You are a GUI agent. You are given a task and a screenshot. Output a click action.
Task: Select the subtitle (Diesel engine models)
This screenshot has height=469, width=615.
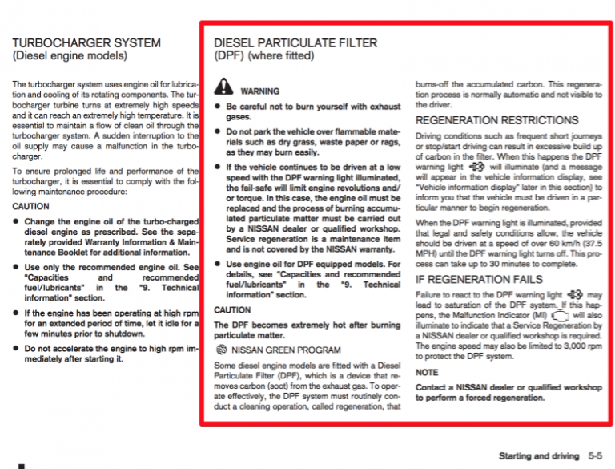click(x=69, y=56)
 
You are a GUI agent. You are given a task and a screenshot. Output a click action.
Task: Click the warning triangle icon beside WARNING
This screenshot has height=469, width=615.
click(x=223, y=89)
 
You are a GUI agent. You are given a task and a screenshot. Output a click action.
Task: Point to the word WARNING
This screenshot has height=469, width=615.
click(x=259, y=91)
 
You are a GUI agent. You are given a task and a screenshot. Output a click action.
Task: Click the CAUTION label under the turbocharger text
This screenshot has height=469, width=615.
click(x=31, y=206)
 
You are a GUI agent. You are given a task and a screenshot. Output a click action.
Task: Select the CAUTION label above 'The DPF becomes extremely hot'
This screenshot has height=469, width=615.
click(x=232, y=309)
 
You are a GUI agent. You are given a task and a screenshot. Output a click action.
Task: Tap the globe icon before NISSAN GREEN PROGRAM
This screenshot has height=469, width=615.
click(x=222, y=350)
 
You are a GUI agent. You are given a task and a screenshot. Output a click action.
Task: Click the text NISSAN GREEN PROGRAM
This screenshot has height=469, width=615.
click(x=286, y=350)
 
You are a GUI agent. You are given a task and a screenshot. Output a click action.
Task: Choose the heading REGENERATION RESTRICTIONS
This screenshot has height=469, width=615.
click(x=496, y=120)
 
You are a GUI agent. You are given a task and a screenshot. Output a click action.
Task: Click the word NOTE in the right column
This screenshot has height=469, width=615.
click(x=427, y=373)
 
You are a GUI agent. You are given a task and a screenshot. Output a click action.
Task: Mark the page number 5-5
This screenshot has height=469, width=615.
click(x=594, y=455)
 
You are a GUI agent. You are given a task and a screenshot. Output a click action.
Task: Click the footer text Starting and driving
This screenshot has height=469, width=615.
click(x=538, y=455)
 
